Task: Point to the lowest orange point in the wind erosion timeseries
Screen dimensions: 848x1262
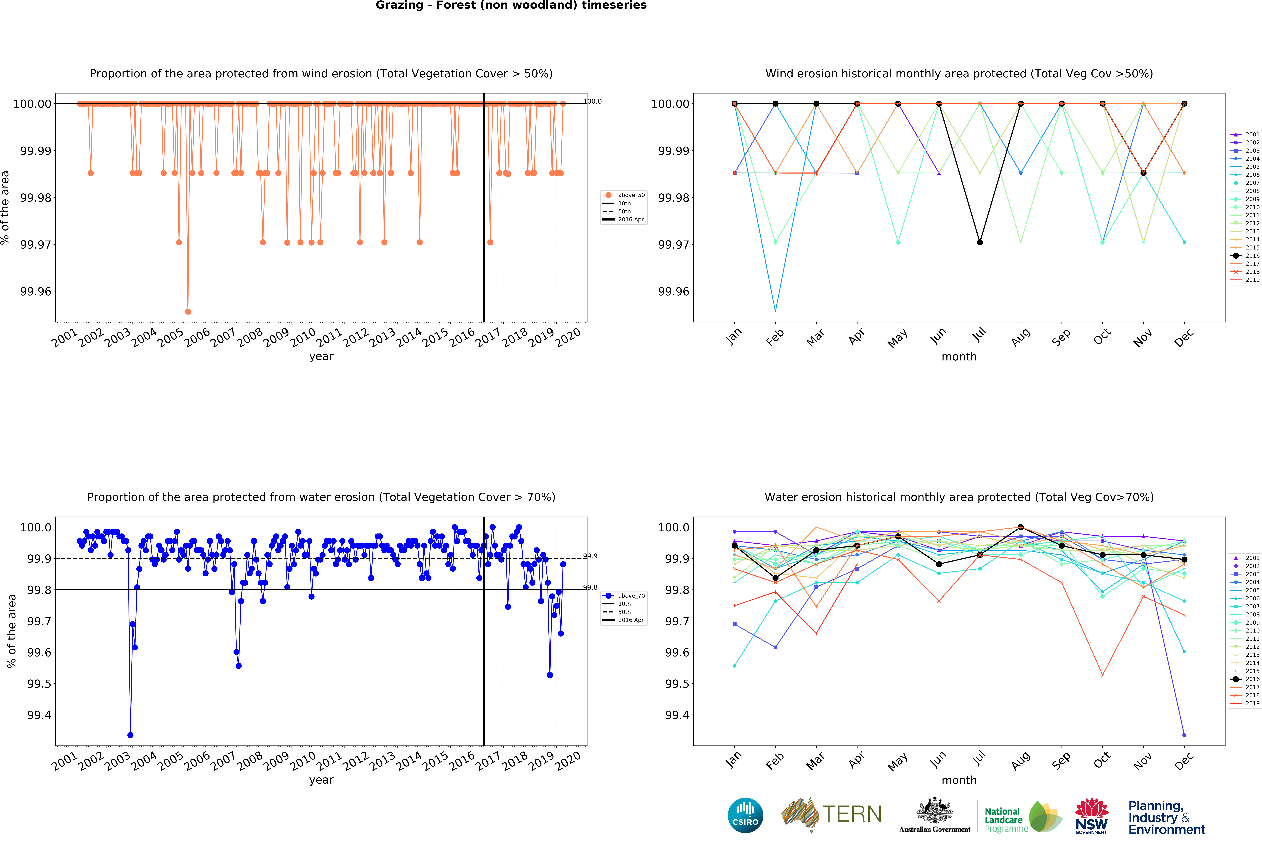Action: pyautogui.click(x=188, y=311)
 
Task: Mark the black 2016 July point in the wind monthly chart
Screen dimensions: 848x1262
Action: pyautogui.click(x=980, y=242)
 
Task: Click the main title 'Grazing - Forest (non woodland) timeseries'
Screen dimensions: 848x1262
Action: pyautogui.click(x=511, y=5)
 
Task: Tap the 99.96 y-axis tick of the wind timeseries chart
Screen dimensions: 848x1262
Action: pyautogui.click(x=36, y=292)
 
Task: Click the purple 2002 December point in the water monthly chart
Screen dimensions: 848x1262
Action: pyautogui.click(x=1184, y=735)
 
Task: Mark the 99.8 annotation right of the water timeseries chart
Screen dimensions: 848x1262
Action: pyautogui.click(x=590, y=587)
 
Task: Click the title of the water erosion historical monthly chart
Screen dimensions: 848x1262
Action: pyautogui.click(x=959, y=497)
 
